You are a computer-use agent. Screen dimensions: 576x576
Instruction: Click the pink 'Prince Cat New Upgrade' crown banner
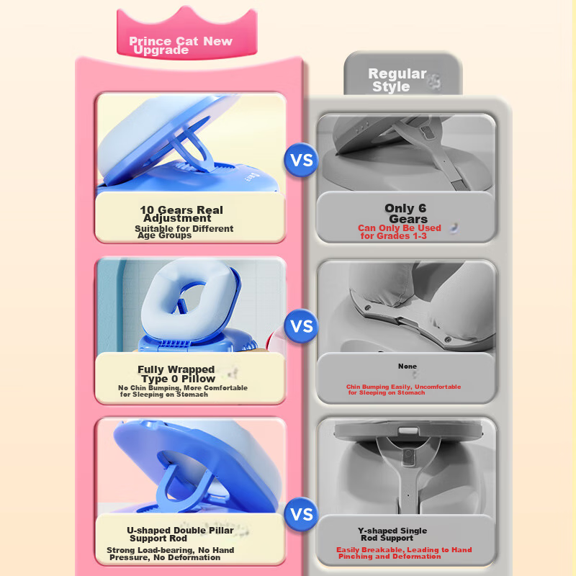[x=186, y=35]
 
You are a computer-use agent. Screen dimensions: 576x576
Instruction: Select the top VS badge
[x=301, y=160]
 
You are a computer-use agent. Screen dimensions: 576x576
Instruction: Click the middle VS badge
[x=301, y=326]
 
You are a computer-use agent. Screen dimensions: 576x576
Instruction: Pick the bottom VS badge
[x=301, y=514]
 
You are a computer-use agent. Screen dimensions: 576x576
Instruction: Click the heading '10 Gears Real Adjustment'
[x=181, y=214]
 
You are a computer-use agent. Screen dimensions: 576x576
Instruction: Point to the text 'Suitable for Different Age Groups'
[x=184, y=232]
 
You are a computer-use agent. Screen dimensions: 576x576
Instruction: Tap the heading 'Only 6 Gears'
[x=406, y=213]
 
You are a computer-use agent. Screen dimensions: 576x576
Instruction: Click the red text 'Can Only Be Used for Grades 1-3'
[x=400, y=232]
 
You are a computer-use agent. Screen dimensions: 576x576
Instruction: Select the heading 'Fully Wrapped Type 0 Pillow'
[x=177, y=374]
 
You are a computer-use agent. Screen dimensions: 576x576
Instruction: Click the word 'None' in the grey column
[x=408, y=366]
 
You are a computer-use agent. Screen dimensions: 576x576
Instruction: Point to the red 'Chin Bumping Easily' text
[x=403, y=390]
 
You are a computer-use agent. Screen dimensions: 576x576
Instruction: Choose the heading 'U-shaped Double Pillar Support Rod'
[x=180, y=534]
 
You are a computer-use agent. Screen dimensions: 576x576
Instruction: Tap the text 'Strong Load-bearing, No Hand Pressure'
[x=170, y=554]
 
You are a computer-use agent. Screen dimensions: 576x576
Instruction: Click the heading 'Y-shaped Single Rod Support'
[x=392, y=534]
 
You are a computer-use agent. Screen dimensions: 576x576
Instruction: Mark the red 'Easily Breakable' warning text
[x=404, y=553]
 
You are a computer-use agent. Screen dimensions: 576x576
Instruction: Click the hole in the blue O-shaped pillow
[x=191, y=298]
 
